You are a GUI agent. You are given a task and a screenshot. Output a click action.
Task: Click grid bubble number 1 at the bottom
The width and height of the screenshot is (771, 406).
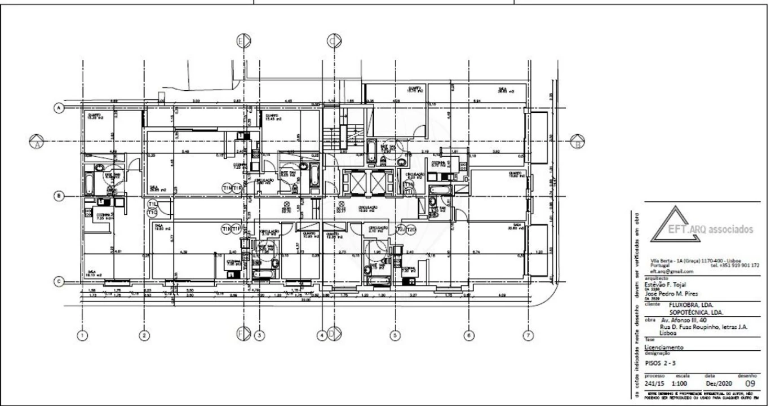pos(83,336)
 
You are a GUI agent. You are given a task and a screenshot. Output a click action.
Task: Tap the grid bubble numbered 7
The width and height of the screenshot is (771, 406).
pos(528,336)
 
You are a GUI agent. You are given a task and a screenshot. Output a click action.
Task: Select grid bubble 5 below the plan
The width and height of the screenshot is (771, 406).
pos(395,336)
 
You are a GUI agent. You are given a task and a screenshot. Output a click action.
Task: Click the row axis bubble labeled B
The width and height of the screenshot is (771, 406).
pos(58,196)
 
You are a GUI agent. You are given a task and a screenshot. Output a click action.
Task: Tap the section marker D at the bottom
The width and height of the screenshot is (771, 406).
pos(334,334)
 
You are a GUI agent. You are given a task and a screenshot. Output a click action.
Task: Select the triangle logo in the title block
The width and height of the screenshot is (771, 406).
pos(675,224)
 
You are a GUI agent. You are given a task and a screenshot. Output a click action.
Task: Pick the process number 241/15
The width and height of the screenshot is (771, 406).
pos(655,383)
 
